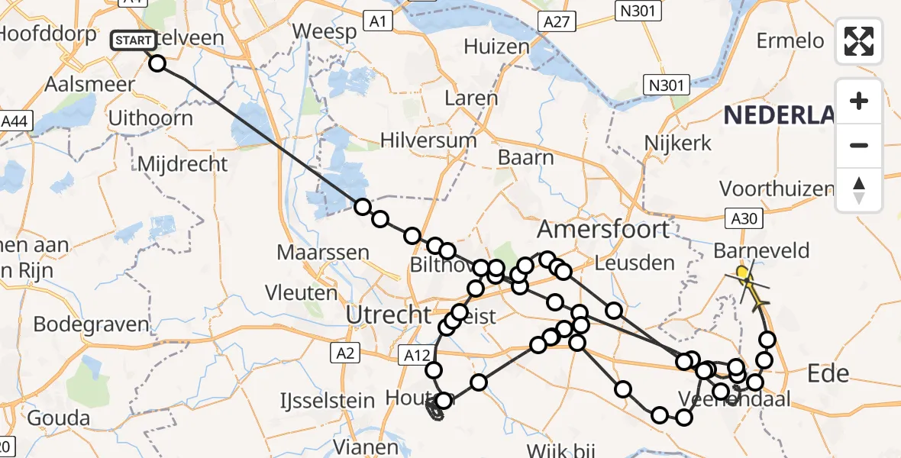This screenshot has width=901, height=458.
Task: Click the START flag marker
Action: [x=134, y=40]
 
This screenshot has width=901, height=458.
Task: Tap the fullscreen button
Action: [x=859, y=41]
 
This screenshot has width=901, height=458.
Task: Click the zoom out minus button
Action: [x=859, y=145]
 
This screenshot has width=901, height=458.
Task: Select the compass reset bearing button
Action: [x=859, y=190]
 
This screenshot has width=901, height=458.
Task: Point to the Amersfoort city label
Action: [x=603, y=228]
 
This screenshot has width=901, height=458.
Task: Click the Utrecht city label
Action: [x=388, y=313]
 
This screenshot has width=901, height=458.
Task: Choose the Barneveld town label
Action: [x=761, y=250]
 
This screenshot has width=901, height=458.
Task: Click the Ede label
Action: [x=828, y=373]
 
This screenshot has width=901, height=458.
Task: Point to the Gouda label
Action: [x=59, y=418]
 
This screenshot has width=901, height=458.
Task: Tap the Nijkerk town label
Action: [x=677, y=142]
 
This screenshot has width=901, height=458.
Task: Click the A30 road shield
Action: [x=743, y=220]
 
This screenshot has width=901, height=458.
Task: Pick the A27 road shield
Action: [x=555, y=23]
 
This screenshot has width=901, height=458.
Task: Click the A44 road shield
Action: [x=15, y=121]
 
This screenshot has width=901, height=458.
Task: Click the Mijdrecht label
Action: [x=182, y=163]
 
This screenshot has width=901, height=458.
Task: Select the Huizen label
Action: [x=496, y=47]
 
